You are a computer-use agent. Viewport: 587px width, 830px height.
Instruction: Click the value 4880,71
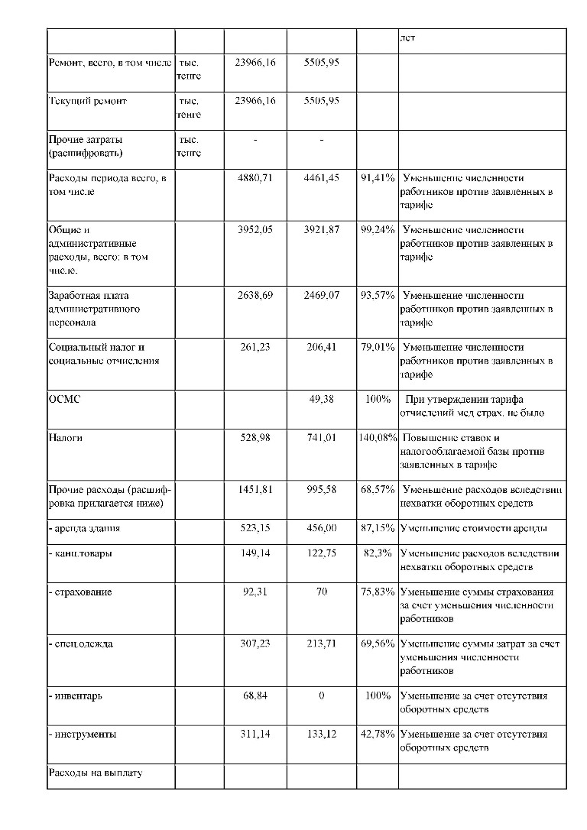click(255, 178)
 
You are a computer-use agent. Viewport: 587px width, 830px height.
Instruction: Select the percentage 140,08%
click(378, 438)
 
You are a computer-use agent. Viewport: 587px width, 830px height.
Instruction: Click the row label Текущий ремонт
click(87, 101)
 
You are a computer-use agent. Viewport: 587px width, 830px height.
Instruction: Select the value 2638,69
click(255, 296)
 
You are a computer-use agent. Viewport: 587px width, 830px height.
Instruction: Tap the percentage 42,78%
click(378, 734)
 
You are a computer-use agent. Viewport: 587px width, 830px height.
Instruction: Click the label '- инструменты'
click(83, 734)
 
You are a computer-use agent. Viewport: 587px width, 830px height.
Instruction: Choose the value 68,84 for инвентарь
click(258, 695)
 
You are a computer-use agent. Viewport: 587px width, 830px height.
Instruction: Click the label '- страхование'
click(79, 592)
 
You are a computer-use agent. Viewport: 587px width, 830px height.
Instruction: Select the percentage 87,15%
click(378, 528)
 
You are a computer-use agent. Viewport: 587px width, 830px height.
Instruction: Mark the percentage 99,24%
click(378, 230)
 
